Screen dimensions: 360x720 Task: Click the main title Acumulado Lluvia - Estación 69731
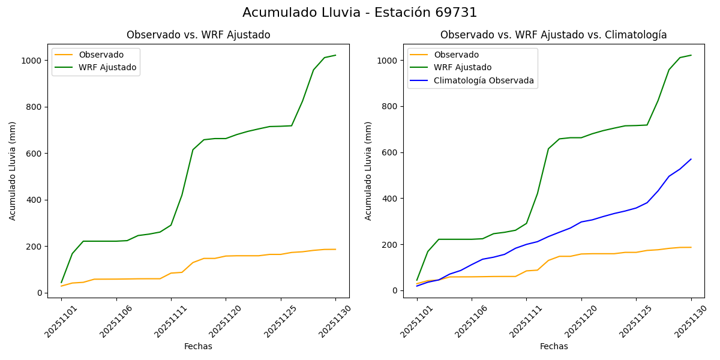point(360,13)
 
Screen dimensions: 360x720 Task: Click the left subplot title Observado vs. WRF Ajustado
point(198,35)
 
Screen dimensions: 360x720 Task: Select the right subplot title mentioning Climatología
point(553,35)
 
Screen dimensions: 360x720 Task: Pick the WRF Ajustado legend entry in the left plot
point(107,67)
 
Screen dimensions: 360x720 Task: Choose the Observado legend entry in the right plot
point(456,55)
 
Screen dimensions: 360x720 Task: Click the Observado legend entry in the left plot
point(101,55)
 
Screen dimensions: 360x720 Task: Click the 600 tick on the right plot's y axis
point(391,152)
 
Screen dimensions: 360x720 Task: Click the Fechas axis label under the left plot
point(198,346)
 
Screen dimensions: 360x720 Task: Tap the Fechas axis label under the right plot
point(554,346)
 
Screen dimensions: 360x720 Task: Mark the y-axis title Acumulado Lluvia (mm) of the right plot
point(368,171)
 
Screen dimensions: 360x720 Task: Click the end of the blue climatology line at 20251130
point(691,159)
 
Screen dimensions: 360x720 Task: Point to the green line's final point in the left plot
point(335,55)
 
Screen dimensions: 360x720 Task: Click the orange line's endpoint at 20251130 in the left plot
point(335,250)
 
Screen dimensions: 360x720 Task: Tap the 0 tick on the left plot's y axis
point(40,293)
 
